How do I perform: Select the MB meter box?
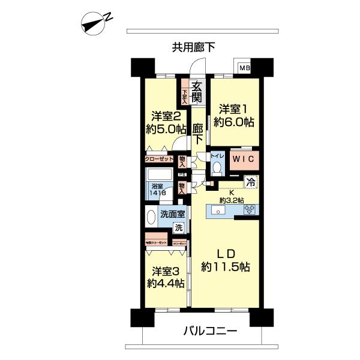click(244, 67)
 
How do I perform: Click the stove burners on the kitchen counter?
click(248, 210)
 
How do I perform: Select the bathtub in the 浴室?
click(158, 178)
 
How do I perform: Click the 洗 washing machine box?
click(178, 227)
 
